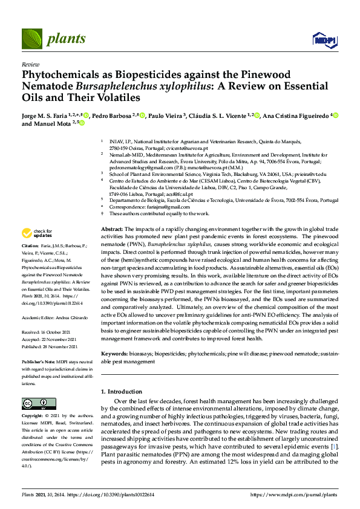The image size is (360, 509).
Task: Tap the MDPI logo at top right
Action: coord(321,40)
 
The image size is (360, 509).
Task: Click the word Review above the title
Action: coord(30,63)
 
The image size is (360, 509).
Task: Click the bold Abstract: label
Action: coord(111,230)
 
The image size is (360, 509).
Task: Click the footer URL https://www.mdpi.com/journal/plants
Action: coord(293,494)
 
